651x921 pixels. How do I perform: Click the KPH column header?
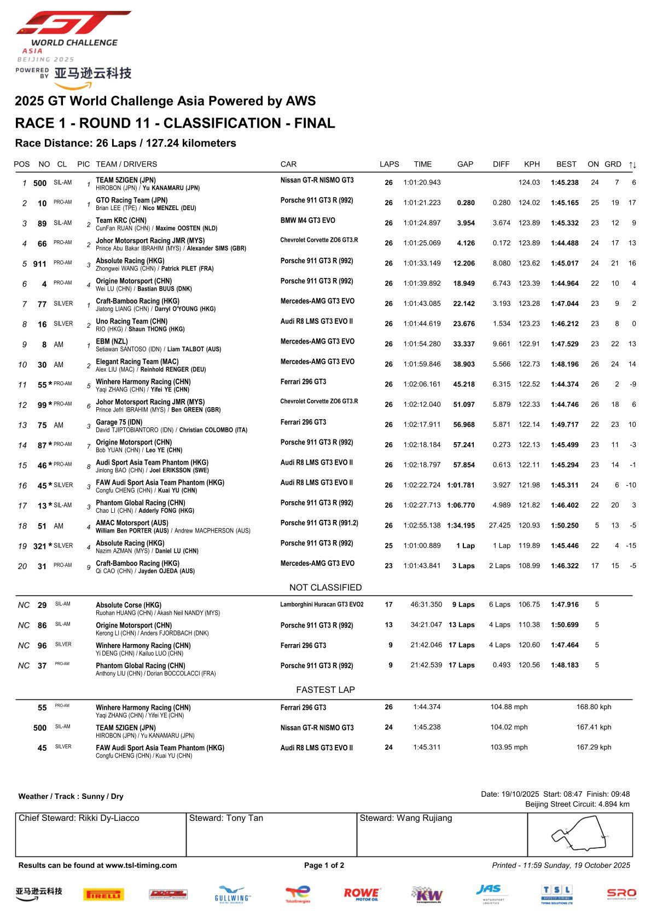coord(532,164)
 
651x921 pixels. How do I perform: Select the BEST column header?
coord(566,164)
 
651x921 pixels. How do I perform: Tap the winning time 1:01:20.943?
coord(422,183)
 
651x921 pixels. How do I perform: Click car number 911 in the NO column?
coord(40,264)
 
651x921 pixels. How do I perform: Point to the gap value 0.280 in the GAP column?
coord(466,203)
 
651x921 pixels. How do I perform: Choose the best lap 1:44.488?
coord(565,244)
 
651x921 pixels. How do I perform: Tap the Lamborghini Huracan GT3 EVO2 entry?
coord(322,605)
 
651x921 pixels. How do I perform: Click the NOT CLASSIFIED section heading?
coord(326,587)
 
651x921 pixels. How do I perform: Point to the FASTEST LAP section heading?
coord(326,690)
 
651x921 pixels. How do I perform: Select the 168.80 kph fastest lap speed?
coord(594,707)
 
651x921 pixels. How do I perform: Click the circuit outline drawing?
coord(580,835)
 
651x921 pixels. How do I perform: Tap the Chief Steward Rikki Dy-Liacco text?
coord(79,818)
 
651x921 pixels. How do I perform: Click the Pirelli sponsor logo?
coord(103,894)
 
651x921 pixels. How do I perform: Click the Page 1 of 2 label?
coord(324,865)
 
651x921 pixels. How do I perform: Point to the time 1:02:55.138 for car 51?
coord(422,525)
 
